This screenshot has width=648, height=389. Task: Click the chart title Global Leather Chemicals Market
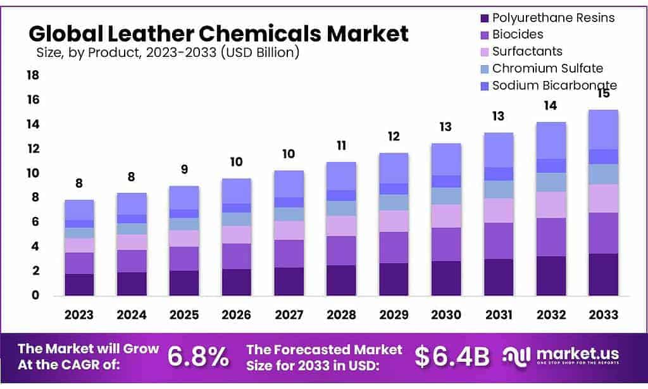(218, 32)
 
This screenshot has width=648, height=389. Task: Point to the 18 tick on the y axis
(32, 76)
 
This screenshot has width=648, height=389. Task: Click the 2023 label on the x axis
(79, 314)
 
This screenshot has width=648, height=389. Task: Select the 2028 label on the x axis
(341, 314)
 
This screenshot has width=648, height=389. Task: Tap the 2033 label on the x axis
(603, 314)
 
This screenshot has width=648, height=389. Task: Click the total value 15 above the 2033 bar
(603, 94)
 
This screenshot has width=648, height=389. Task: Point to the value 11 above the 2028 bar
(341, 145)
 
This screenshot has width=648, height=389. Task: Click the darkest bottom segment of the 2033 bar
(603, 275)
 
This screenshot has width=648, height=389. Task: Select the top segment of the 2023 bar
(79, 209)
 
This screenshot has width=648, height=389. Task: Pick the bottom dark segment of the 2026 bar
(236, 282)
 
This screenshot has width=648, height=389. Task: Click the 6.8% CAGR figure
(198, 357)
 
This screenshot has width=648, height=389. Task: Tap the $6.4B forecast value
(452, 357)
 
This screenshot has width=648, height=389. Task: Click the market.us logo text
(577, 354)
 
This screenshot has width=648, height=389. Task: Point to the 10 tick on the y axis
(32, 173)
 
